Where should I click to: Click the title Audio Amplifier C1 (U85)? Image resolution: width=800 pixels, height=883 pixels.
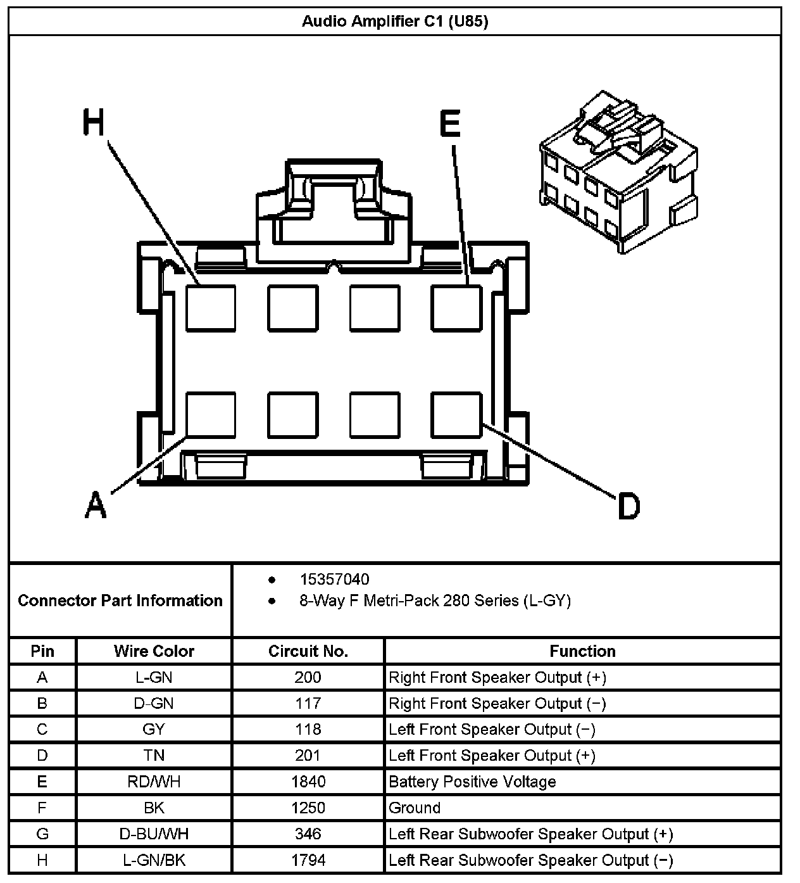[395, 22]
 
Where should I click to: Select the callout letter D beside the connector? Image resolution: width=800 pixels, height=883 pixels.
[628, 507]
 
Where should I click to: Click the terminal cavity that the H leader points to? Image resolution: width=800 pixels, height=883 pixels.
[211, 308]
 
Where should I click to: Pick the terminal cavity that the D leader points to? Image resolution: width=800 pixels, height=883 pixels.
[456, 415]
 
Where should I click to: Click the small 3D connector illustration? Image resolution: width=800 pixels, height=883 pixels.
[618, 172]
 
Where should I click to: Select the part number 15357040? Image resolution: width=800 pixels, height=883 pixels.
[334, 580]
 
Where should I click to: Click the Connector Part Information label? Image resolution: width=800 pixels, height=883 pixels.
[120, 600]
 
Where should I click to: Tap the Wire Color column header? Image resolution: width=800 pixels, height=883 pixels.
[154, 651]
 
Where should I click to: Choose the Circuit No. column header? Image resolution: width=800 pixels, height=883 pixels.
[308, 651]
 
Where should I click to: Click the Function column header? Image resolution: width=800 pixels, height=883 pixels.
[582, 651]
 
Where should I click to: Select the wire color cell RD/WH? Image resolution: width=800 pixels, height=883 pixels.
[154, 782]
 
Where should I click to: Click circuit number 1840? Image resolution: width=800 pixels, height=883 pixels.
[308, 782]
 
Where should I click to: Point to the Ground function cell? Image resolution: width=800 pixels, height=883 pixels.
[415, 808]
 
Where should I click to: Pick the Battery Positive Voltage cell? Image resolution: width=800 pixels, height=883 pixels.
[472, 782]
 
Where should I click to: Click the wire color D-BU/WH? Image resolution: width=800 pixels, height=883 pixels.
[154, 834]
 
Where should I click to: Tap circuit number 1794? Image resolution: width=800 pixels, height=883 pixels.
[308, 860]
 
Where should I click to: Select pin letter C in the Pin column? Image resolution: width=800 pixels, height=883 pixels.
[42, 730]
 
